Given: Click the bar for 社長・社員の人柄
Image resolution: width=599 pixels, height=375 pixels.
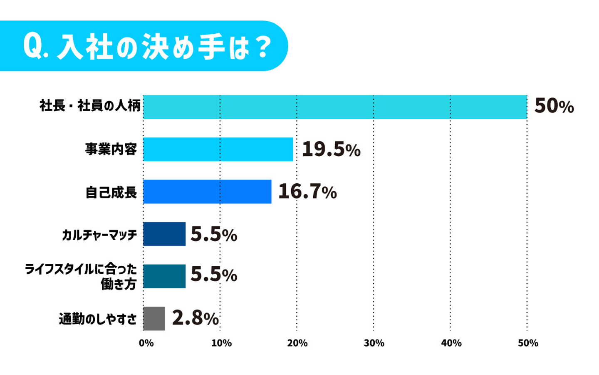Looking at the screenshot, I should tap(335, 107).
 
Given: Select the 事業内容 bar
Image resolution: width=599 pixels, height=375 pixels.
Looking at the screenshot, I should tap(218, 149).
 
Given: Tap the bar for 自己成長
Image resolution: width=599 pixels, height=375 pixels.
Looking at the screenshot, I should tap(207, 192).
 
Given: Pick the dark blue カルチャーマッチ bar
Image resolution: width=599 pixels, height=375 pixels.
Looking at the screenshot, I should tap(164, 234).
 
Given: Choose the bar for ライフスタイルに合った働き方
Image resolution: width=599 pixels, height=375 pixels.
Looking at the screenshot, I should tap(164, 276).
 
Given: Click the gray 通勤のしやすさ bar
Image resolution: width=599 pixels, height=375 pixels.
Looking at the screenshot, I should tap(154, 319).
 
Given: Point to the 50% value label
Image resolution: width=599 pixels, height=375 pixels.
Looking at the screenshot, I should tap(554, 106).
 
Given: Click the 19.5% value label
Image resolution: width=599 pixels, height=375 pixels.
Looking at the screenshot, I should tap(331, 149).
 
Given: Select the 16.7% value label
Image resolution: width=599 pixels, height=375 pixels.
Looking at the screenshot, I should tap(307, 192).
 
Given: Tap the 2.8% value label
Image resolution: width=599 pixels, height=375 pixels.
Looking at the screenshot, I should tap(195, 318).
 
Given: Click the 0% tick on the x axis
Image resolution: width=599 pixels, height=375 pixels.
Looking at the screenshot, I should tap(146, 343).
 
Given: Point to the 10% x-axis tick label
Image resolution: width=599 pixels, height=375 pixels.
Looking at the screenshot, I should tap(221, 343).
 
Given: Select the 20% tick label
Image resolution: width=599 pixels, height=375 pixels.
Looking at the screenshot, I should tap(297, 343).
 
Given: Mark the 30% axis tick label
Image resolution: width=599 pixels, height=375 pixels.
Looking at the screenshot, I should tap(374, 343).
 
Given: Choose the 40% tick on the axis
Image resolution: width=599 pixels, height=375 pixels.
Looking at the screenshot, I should tap(451, 343).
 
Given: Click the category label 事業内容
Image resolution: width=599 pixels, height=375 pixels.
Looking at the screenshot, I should tap(111, 149).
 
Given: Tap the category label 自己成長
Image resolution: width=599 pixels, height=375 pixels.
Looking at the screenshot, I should tap(111, 192).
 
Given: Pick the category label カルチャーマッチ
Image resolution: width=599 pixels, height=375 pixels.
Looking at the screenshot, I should tap(99, 235).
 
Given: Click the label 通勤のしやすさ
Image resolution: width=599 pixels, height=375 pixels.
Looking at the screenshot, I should tap(98, 319).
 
